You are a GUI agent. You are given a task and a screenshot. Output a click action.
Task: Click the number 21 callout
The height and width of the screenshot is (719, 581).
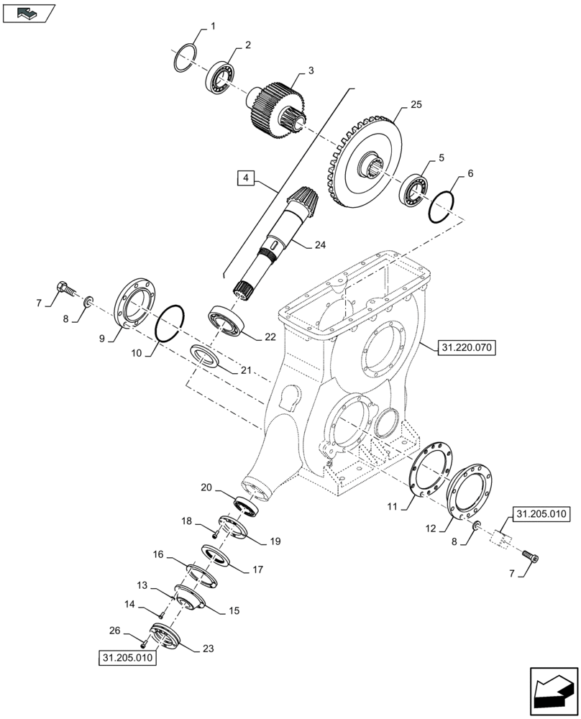[246, 370]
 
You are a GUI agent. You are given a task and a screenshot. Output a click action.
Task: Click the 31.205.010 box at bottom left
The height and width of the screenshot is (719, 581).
[128, 658]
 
